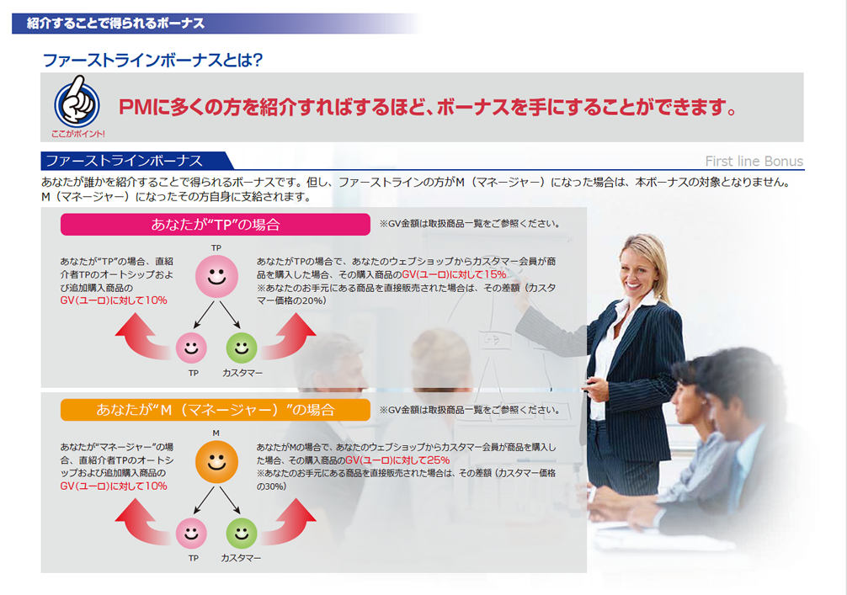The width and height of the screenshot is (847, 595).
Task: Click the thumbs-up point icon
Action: point(77,103)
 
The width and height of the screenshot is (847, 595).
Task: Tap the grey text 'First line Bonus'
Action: point(754,161)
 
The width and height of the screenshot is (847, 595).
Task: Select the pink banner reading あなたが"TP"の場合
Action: point(215,224)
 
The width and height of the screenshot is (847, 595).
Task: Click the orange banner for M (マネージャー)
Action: point(215,409)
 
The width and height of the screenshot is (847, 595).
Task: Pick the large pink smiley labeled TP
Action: point(216,276)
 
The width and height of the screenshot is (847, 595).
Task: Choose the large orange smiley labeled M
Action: point(216,462)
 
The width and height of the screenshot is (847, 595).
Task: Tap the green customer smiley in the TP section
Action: point(242,348)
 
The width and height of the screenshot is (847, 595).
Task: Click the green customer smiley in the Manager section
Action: point(242,533)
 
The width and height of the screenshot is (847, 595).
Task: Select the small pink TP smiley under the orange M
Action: point(191,533)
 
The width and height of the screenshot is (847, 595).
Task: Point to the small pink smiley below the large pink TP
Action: point(191,348)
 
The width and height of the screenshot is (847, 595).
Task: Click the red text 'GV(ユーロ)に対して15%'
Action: point(455,274)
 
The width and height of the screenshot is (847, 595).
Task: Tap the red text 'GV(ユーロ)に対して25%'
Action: point(397,460)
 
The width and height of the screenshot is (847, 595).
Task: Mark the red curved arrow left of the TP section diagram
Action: point(141,337)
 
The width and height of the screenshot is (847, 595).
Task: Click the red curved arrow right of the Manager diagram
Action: point(289,523)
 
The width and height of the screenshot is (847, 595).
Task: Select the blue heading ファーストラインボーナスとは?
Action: point(152,60)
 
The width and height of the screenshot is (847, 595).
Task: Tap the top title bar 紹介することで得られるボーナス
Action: point(115,24)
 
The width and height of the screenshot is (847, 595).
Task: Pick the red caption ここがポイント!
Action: point(77,133)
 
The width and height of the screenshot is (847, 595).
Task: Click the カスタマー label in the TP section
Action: point(242,373)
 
